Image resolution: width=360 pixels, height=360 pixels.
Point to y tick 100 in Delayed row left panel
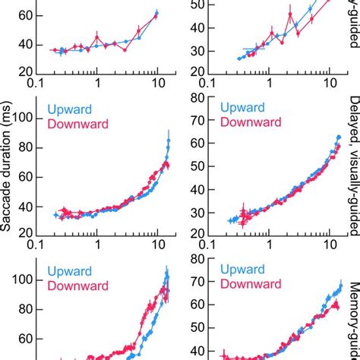[x=23, y=118]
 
